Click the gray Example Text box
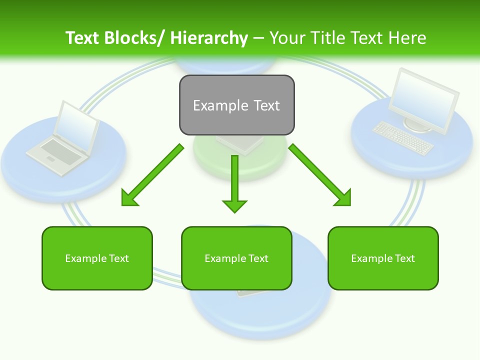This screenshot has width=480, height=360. (x=236, y=105)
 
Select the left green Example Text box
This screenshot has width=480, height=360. (x=97, y=258)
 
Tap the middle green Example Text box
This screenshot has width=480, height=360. (x=236, y=258)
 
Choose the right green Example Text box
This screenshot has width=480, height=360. (x=383, y=258)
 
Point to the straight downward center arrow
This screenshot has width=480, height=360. (x=234, y=182)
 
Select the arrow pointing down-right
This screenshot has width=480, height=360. (x=318, y=173)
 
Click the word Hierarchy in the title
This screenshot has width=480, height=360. (x=209, y=38)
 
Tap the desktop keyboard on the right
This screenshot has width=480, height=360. (x=403, y=137)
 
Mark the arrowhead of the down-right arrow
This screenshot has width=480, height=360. (x=343, y=198)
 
